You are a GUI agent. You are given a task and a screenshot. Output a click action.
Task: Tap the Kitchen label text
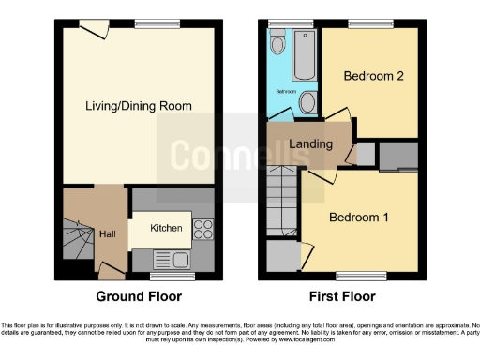point(167,228)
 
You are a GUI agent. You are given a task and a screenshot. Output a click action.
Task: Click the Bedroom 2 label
point(372,77)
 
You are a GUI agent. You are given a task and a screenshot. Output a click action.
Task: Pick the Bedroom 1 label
point(359,217)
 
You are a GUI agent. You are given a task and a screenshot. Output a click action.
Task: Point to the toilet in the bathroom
point(277,43)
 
